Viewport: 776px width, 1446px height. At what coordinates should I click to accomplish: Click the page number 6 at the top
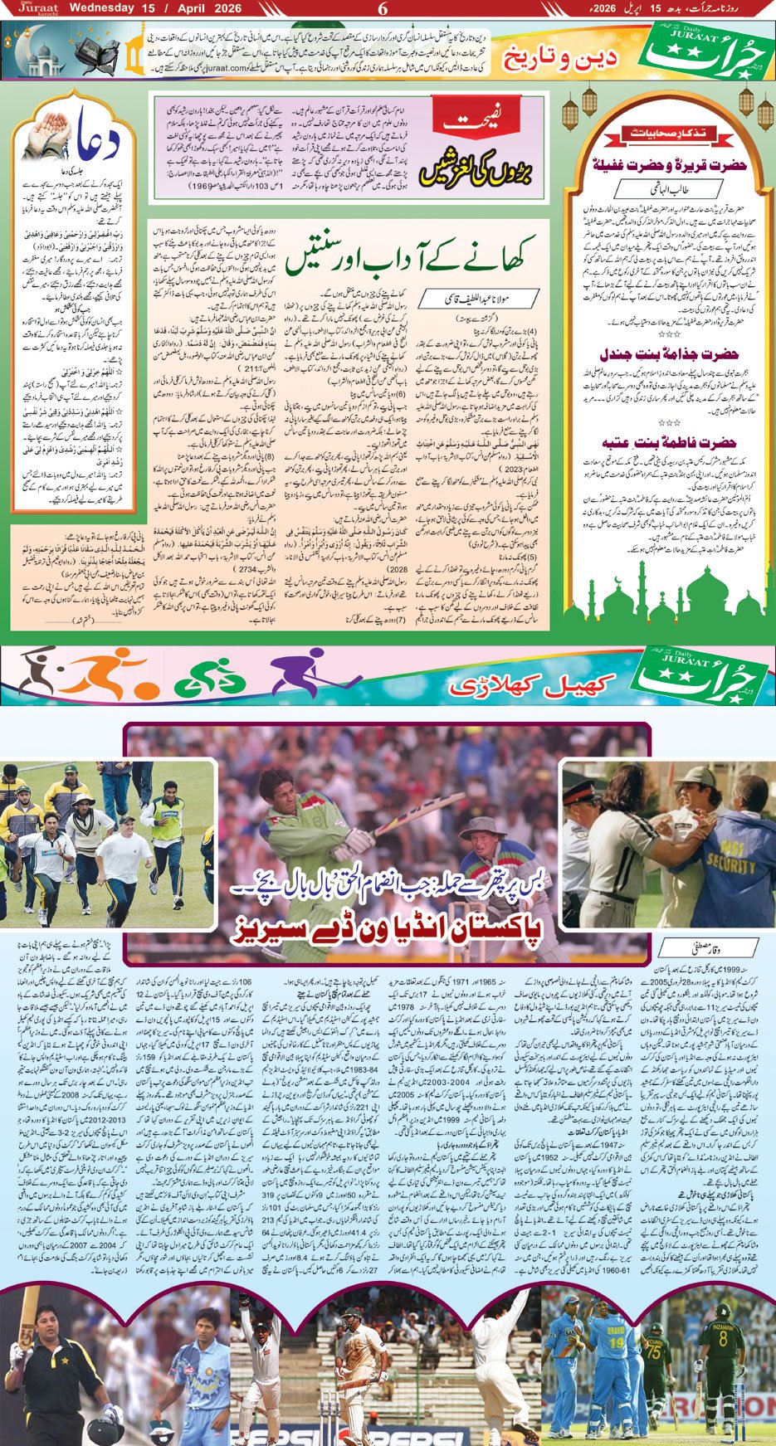pos(383,9)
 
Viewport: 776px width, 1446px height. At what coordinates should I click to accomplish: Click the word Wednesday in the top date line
pos(101,9)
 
